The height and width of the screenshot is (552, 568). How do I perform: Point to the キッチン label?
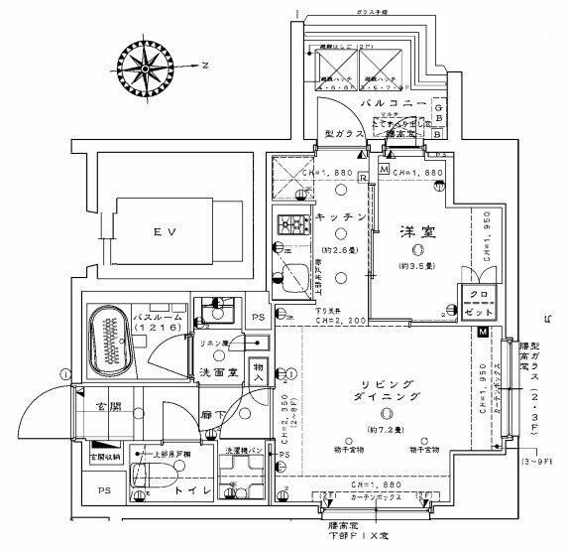point(342,216)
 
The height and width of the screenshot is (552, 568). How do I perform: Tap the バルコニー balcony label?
point(394,104)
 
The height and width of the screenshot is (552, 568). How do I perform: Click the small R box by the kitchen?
point(365,178)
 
